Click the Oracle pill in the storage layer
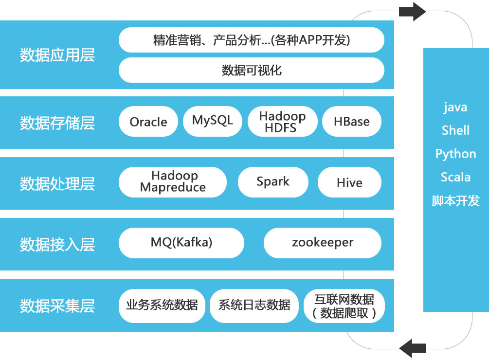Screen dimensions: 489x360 (x=148, y=122)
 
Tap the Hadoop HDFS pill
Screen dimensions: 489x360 (x=283, y=122)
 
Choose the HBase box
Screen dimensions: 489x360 (x=352, y=122)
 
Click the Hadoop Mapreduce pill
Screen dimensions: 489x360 (x=173, y=182)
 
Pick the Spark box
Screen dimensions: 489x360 (x=273, y=182)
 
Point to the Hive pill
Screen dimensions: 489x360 (x=349, y=182)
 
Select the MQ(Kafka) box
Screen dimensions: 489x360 (x=181, y=243)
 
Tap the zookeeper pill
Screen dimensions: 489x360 (x=323, y=243)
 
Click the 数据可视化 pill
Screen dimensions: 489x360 (x=252, y=70)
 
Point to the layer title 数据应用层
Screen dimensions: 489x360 (x=57, y=55)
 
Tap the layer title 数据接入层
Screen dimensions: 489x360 (x=57, y=245)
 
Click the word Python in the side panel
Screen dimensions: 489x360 (x=455, y=154)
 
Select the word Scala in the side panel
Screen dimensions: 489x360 (x=455, y=177)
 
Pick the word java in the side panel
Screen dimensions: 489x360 (x=455, y=108)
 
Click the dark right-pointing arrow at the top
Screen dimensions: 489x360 (x=412, y=12)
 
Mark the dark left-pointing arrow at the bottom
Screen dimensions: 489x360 (x=413, y=348)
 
